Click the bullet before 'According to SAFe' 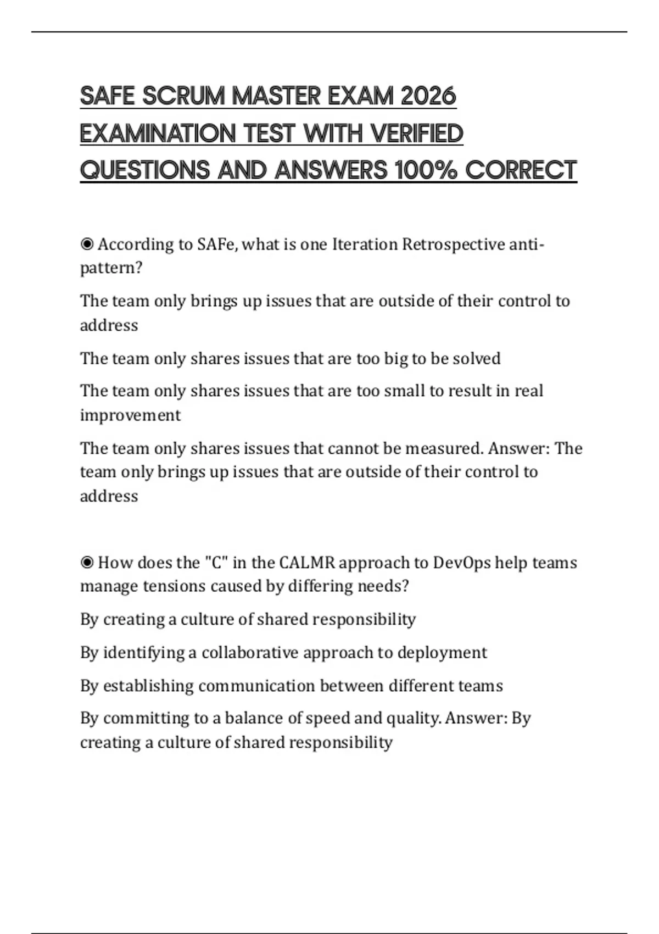87,244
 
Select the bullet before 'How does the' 87,563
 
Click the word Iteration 365,244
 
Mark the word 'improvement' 130,415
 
